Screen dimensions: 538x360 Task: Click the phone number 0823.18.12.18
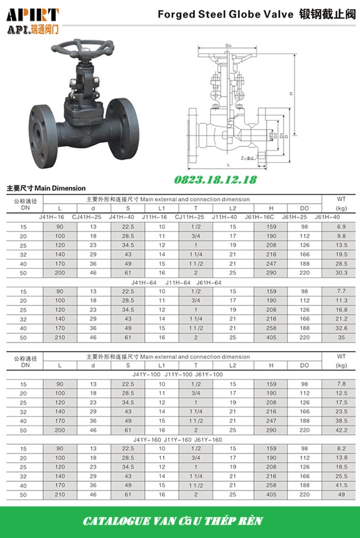[x=215, y=180]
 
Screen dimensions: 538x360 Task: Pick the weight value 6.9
[x=341, y=227]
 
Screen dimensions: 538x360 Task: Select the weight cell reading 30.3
[x=341, y=273]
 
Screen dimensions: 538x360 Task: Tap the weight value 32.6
[x=341, y=328]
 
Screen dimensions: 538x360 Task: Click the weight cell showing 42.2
[x=341, y=429]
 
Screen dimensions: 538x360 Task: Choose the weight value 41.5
[x=341, y=485]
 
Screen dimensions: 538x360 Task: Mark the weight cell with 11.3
[x=341, y=301]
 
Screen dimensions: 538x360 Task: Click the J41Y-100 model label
[x=148, y=375]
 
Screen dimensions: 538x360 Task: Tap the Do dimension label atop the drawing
[x=228, y=46]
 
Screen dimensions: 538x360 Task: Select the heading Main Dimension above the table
[x=60, y=188]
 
